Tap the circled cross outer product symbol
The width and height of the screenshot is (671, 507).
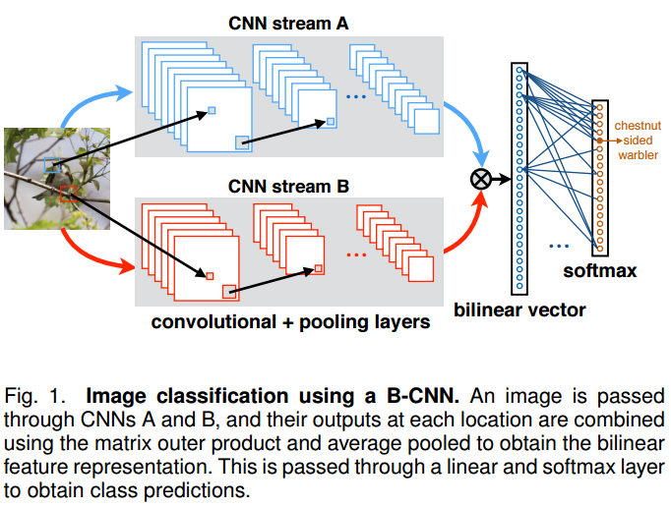pyautogui.click(x=482, y=178)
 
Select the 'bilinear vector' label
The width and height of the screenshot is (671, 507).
pyautogui.click(x=519, y=310)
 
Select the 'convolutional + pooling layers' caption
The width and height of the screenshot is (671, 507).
pyautogui.click(x=290, y=321)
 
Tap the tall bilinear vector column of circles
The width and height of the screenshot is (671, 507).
pyautogui.click(x=519, y=177)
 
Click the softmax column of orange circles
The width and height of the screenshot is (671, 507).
pyautogui.click(x=598, y=176)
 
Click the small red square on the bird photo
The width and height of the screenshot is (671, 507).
pyautogui.click(x=68, y=193)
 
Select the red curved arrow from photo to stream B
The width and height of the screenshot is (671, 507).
pyautogui.click(x=93, y=257)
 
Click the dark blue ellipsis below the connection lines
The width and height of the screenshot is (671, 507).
pyautogui.click(x=559, y=244)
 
